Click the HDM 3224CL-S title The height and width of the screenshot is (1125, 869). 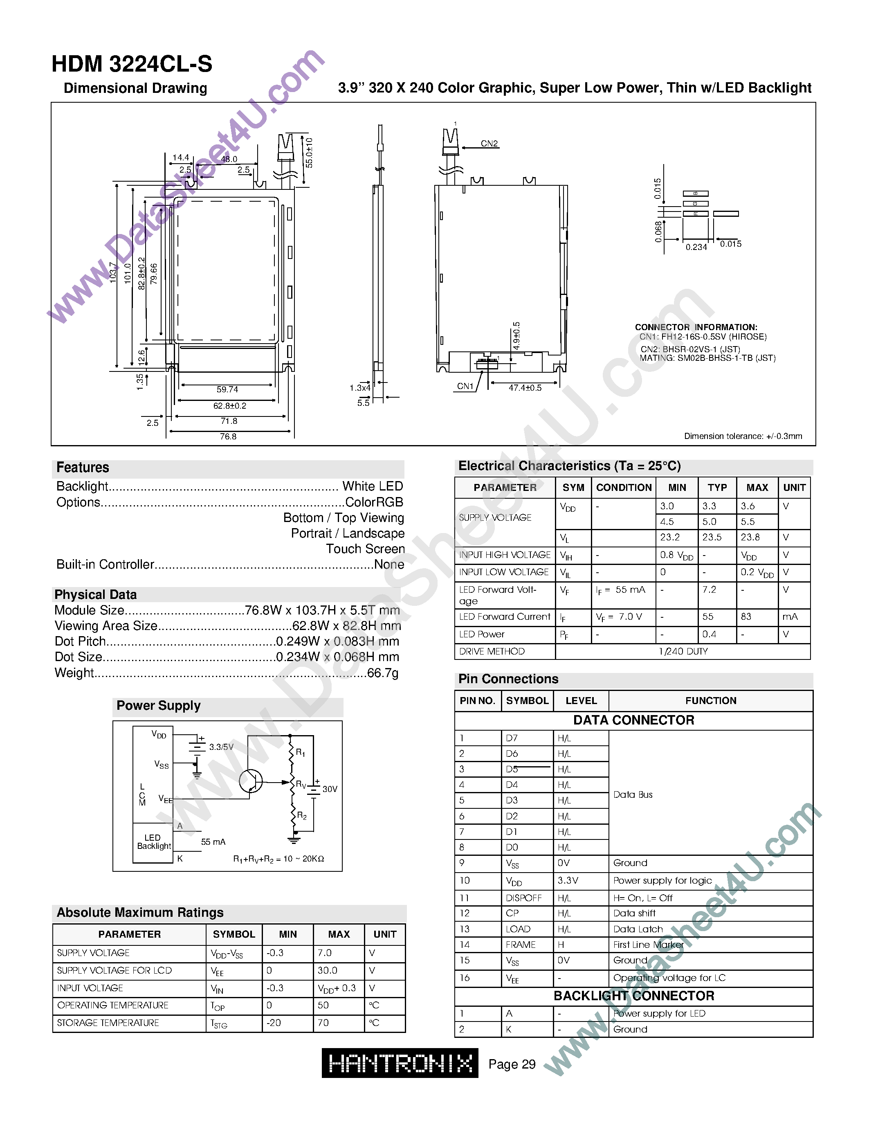pos(132,64)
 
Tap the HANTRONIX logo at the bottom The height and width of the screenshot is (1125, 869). pos(400,1063)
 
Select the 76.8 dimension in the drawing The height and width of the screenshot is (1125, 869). pos(228,437)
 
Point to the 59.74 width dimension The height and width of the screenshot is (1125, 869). pos(227,390)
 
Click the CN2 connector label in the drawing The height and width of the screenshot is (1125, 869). pos(489,144)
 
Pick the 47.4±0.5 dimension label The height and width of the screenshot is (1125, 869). pos(525,388)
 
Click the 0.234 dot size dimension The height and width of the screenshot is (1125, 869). pos(696,247)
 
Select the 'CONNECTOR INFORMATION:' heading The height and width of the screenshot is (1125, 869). pos(696,327)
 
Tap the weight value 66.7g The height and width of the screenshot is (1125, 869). pos(382,673)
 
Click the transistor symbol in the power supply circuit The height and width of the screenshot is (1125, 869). pos(251,781)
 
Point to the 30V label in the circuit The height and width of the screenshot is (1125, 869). pos(330,789)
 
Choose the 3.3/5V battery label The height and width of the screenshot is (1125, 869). pos(221,747)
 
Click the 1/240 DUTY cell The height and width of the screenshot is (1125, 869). pos(683,652)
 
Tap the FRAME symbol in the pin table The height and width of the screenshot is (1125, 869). pos(521,945)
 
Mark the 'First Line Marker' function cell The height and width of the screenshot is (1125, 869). pos(648,945)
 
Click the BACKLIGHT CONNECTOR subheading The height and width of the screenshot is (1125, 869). pos(634,996)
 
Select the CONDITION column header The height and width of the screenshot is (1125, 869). pos(624,488)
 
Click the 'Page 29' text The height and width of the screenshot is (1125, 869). pos(512,1064)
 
